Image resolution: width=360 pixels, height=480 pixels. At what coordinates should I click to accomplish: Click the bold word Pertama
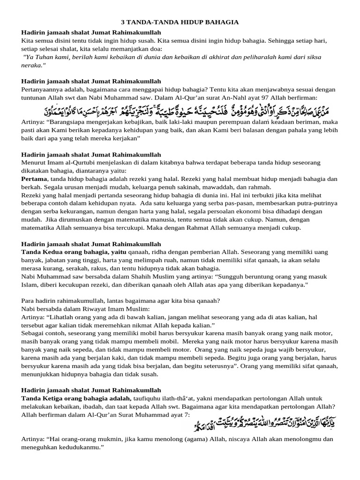tap(34, 179)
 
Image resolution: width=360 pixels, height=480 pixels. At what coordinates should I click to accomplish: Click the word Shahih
tap(120, 277)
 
